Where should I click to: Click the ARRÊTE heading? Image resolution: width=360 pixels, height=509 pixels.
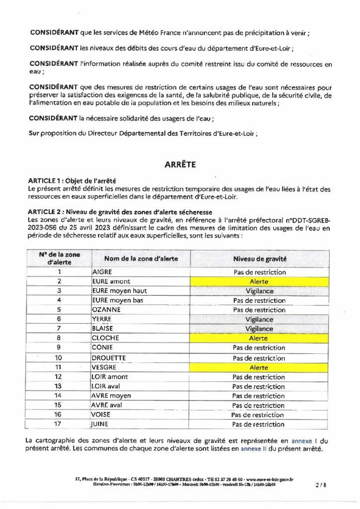(x=180, y=165)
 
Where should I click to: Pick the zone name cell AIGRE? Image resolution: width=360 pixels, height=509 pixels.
(x=102, y=272)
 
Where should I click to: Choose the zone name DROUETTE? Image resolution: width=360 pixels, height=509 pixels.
(x=109, y=358)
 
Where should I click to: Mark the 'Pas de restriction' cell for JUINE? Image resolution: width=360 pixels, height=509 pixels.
(x=258, y=424)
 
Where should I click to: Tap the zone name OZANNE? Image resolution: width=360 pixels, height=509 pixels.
(x=106, y=310)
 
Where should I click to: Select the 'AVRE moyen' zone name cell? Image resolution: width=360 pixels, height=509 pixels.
(x=111, y=396)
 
